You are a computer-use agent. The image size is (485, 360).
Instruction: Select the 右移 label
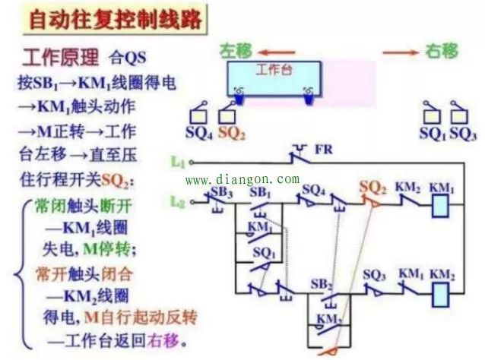(442, 51)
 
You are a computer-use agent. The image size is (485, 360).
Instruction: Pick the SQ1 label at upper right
(431, 132)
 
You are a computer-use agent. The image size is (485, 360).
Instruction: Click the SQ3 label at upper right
(461, 132)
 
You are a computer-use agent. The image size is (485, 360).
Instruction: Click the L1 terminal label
(178, 162)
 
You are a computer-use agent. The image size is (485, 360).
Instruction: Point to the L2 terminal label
(178, 201)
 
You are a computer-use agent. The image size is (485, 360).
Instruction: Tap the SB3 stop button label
(222, 189)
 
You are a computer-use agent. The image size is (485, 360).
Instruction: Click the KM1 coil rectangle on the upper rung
(442, 205)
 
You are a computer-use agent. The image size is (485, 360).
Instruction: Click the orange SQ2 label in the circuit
(373, 186)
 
